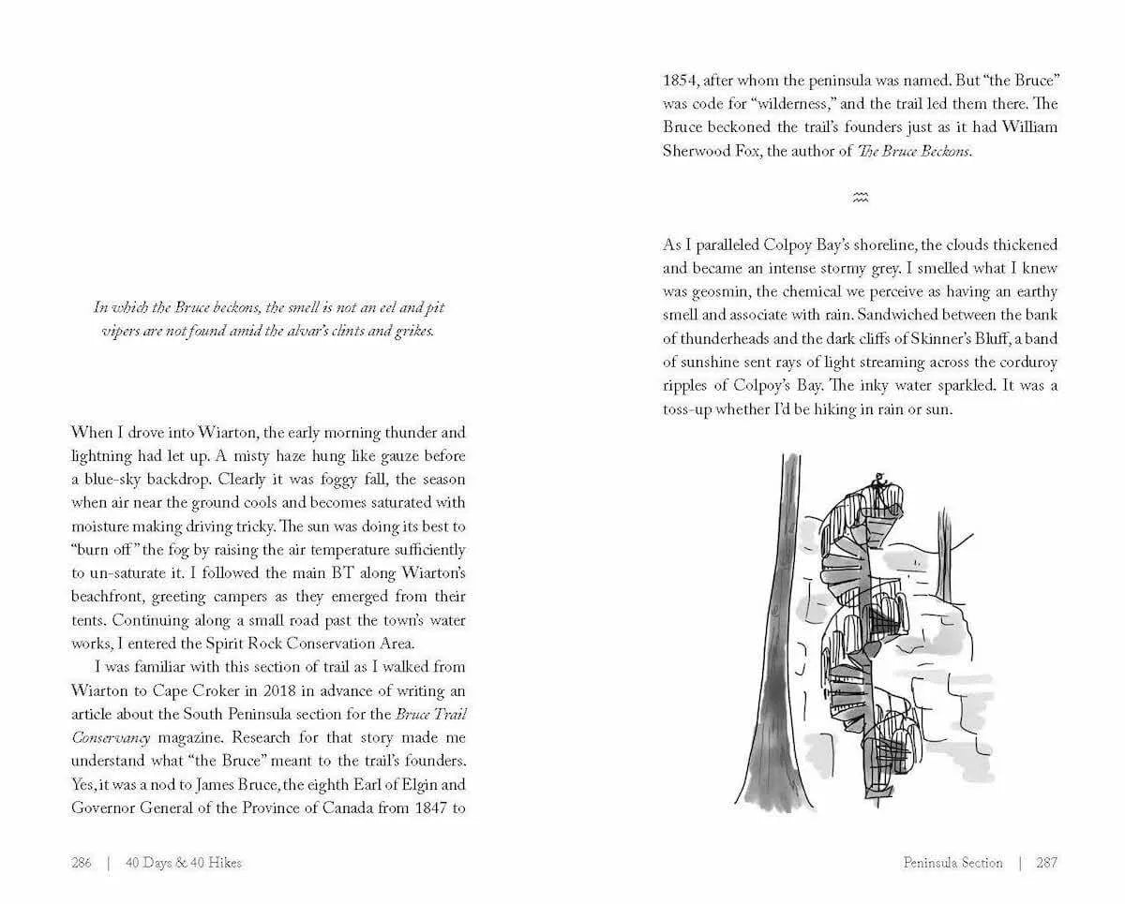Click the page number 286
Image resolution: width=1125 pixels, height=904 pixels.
click(x=82, y=863)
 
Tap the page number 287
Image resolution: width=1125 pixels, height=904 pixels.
click(x=1046, y=863)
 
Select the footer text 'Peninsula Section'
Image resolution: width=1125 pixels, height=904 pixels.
click(x=952, y=863)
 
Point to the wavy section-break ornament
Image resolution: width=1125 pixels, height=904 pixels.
click(x=860, y=197)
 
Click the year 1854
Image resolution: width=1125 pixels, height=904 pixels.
click(x=681, y=81)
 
